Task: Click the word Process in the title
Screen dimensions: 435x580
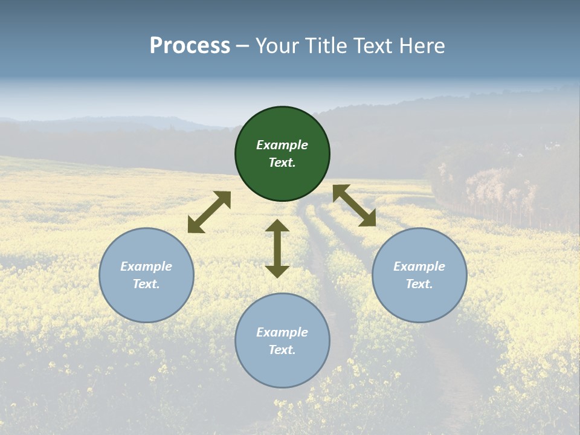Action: pyautogui.click(x=190, y=46)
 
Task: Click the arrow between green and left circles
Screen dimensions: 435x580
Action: pyautogui.click(x=209, y=212)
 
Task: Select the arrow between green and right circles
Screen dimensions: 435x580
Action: pyautogui.click(x=354, y=205)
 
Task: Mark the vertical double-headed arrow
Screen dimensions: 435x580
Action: pyautogui.click(x=277, y=248)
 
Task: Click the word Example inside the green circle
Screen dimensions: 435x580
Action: pyautogui.click(x=282, y=145)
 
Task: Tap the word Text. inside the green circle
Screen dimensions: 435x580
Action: pyautogui.click(x=282, y=163)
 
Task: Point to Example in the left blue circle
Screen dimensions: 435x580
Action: pyautogui.click(x=146, y=266)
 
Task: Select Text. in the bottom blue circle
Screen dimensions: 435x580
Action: pyautogui.click(x=282, y=350)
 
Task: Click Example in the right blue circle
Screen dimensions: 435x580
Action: pyautogui.click(x=419, y=266)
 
